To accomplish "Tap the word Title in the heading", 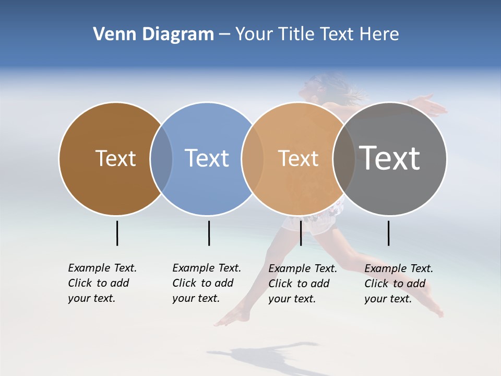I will [296, 34].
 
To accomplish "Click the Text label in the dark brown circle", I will [115, 158].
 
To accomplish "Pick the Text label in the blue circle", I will [207, 158].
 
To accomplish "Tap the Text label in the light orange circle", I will [298, 158].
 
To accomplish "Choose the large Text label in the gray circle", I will [389, 158].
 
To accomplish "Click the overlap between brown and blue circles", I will [161, 158].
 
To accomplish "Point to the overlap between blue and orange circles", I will [253, 158].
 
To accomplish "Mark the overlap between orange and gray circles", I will [344, 158].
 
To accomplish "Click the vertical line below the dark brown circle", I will [117, 233].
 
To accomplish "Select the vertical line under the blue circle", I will [209, 233].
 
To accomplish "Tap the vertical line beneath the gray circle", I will [388, 233].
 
